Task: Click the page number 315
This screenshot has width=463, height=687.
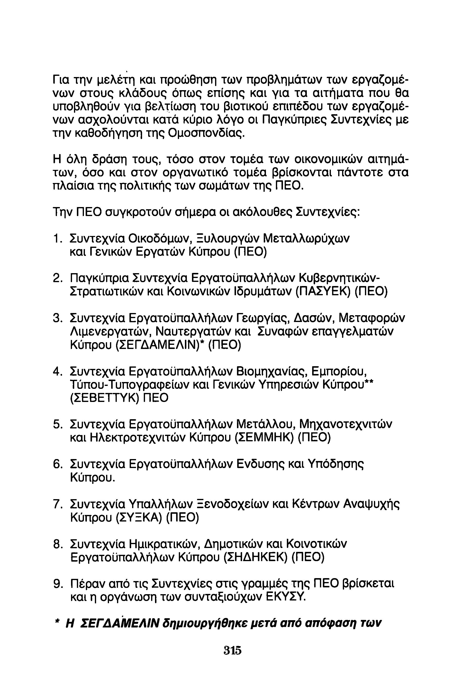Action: tap(232, 650)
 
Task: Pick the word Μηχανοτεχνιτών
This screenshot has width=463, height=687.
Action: tap(346, 424)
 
